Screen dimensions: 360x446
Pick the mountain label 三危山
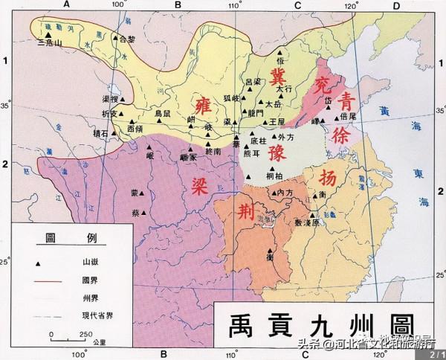pos(50,43)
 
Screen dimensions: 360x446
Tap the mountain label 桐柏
pos(274,176)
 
